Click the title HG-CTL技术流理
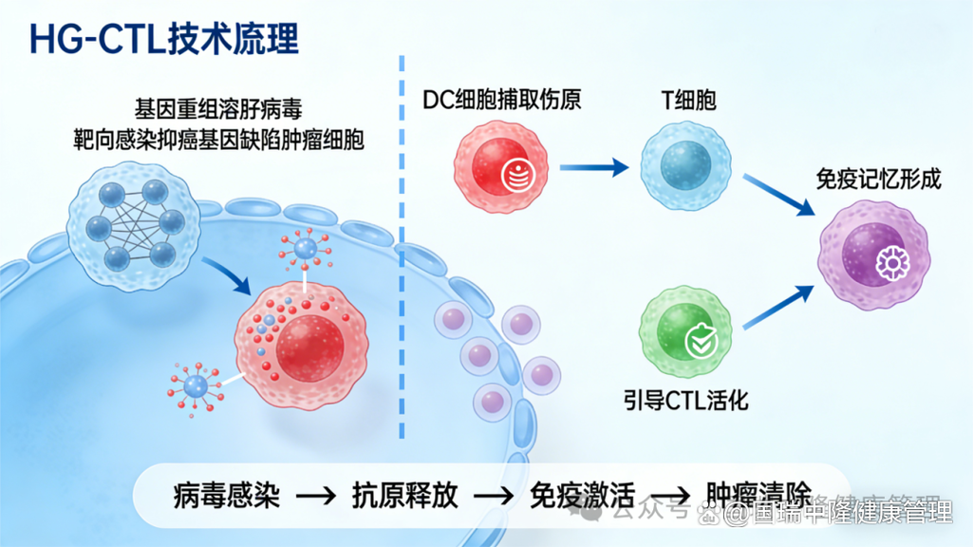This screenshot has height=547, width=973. (163, 39)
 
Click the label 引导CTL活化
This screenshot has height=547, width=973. (685, 399)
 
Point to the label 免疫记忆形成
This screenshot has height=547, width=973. (879, 179)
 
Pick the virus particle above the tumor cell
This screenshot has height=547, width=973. (306, 250)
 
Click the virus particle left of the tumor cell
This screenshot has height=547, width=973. (196, 385)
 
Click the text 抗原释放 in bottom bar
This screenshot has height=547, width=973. (405, 495)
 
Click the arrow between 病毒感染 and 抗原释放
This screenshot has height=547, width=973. (316, 496)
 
